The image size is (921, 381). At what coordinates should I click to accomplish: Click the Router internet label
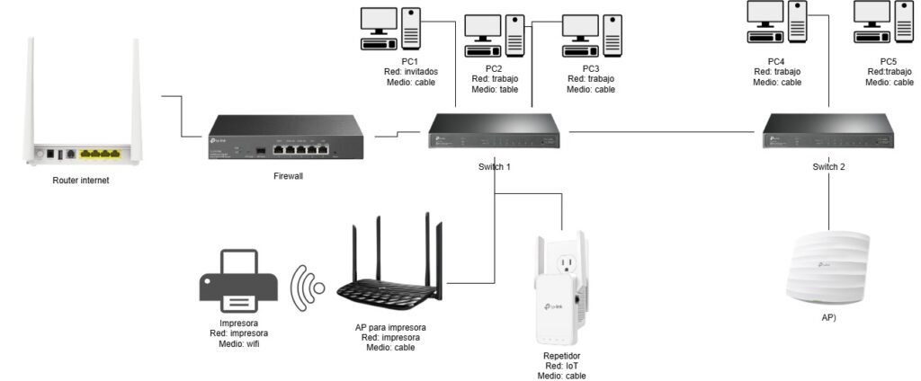[x=81, y=181]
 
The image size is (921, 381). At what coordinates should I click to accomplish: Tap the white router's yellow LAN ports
[x=99, y=154]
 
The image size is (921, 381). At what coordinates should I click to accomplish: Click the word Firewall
[x=288, y=176]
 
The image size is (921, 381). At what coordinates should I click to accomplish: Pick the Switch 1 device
[x=494, y=132]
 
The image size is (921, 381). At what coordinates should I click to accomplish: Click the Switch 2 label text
[x=828, y=167]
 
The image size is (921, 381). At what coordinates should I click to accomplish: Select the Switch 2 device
[x=828, y=132]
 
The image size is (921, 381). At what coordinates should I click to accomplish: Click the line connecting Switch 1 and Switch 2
[x=661, y=132]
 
